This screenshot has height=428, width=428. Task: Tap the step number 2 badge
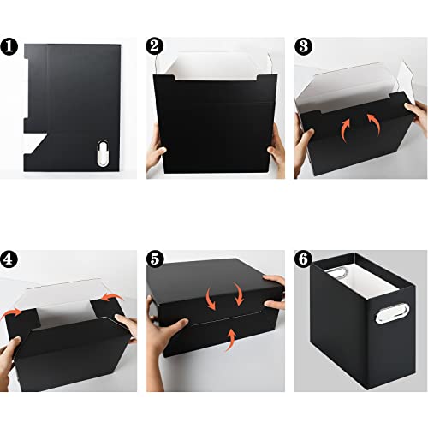pyautogui.click(x=155, y=45)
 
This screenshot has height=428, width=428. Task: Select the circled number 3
pyautogui.click(x=304, y=45)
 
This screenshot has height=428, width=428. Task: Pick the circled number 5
pyautogui.click(x=155, y=257)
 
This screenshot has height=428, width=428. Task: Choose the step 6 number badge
pyautogui.click(x=304, y=257)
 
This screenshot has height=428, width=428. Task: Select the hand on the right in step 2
pyautogui.click(x=276, y=154)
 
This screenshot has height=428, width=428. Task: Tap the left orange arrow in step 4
pyautogui.click(x=13, y=313)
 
